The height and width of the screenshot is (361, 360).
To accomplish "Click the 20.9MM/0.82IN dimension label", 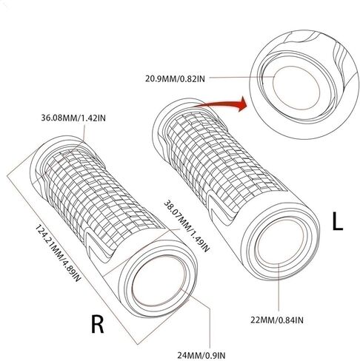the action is pos(175,78).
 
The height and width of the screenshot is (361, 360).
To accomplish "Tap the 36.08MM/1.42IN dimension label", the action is pos(73,118).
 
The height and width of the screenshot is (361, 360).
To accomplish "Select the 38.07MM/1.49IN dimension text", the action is pos(187,226).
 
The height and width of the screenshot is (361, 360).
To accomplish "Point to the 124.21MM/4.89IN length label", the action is pos(59,253).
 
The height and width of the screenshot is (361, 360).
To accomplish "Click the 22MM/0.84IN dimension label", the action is pos(277,320).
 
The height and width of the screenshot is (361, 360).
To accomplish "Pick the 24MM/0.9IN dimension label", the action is pos(201,355).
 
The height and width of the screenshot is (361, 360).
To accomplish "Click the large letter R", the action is pos(98,324).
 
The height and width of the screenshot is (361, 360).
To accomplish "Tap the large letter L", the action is pos(338,221).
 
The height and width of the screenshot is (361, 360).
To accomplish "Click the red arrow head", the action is pos(242,104).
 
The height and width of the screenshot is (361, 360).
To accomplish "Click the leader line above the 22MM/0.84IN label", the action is pos(279,287).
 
